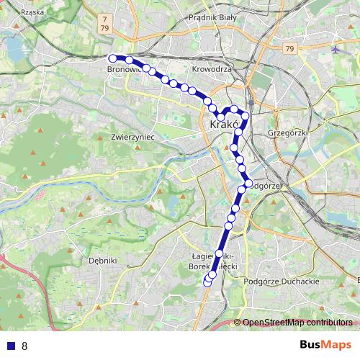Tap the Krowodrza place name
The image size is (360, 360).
tap(212, 69)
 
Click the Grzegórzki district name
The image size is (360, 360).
tap(287, 132)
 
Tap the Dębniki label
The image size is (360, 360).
tap(102, 261)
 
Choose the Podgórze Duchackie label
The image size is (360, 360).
tap(283, 282)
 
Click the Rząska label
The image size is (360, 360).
tap(33, 12)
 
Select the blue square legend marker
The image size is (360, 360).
tap(10, 346)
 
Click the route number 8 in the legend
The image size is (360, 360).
tap(24, 346)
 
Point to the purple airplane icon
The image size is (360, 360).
tap(337, 50)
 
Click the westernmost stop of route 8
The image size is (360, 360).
tap(112, 58)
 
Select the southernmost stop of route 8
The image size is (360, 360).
tap(208, 282)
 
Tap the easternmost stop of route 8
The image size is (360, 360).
tap(248, 184)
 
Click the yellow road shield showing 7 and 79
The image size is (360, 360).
tap(106, 22)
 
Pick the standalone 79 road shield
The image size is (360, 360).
tap(289, 48)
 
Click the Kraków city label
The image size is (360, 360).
tap(225, 125)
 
